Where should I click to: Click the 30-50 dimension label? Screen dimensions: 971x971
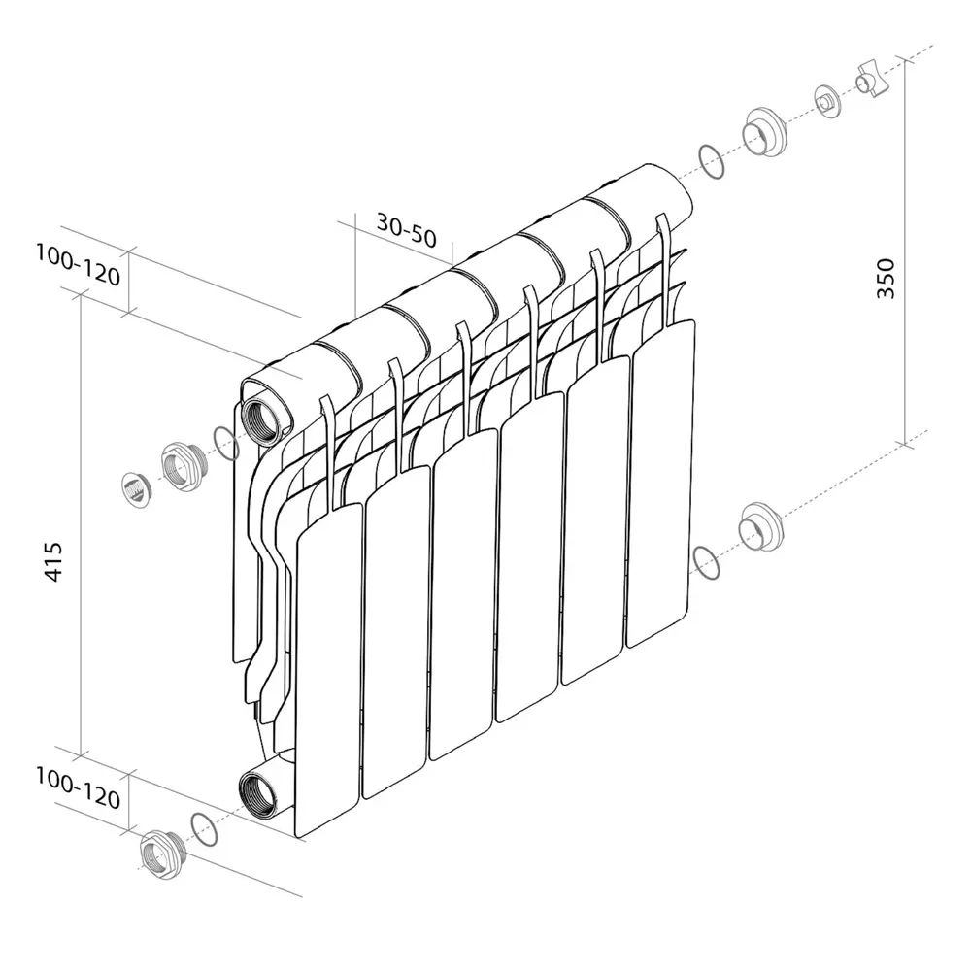(x=407, y=230)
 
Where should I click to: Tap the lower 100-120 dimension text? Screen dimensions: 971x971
(x=78, y=788)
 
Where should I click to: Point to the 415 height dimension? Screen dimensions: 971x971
(x=54, y=561)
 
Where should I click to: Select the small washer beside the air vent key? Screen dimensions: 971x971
(x=827, y=100)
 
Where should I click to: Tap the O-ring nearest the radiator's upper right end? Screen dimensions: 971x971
(x=712, y=162)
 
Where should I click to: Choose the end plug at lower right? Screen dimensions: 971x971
(x=759, y=529)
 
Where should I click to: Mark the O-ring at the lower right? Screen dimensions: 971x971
(x=707, y=562)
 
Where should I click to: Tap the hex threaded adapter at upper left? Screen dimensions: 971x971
(x=181, y=466)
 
